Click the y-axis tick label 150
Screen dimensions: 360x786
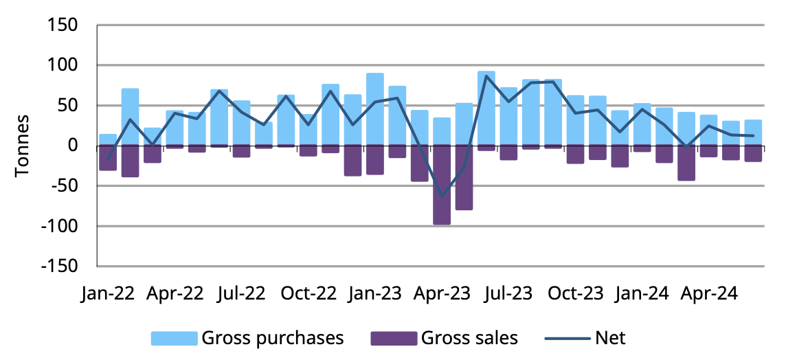(63, 25)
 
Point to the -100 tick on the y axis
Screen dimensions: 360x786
(60, 226)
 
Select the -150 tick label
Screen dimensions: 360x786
(60, 266)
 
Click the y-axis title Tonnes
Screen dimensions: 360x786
(23, 145)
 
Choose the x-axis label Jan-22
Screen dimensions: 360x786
(108, 294)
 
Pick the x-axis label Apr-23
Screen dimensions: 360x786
(442, 294)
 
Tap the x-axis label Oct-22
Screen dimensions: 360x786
(308, 294)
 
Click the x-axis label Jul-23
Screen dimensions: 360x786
(508, 294)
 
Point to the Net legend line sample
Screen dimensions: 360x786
(567, 338)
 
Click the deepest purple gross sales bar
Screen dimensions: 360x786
(442, 185)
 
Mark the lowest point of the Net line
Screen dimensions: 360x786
(442, 196)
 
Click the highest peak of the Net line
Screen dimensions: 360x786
(486, 76)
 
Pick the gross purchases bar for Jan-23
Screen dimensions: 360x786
(375, 109)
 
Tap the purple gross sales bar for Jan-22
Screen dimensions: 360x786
(108, 158)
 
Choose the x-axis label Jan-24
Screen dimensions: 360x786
(642, 294)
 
